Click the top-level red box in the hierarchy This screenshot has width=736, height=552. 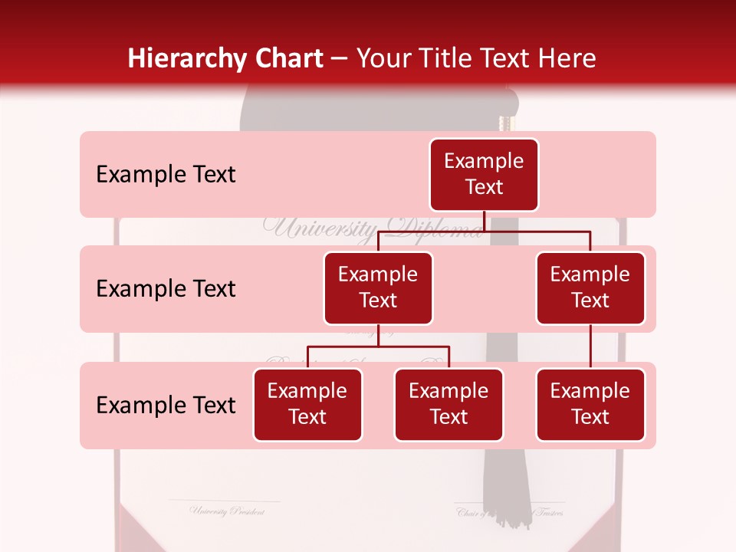(484, 175)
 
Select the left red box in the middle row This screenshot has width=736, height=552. (378, 288)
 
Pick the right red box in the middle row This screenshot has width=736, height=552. (590, 288)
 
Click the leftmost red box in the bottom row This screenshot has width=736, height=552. (307, 405)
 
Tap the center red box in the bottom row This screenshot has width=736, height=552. (449, 405)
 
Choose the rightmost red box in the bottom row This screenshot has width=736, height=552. (590, 405)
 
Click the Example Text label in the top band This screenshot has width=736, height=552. (166, 175)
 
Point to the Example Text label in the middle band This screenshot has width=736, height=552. (166, 289)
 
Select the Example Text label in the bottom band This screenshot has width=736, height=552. (166, 406)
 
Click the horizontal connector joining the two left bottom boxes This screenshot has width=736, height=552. (378, 347)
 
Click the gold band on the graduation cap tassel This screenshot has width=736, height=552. (504, 123)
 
